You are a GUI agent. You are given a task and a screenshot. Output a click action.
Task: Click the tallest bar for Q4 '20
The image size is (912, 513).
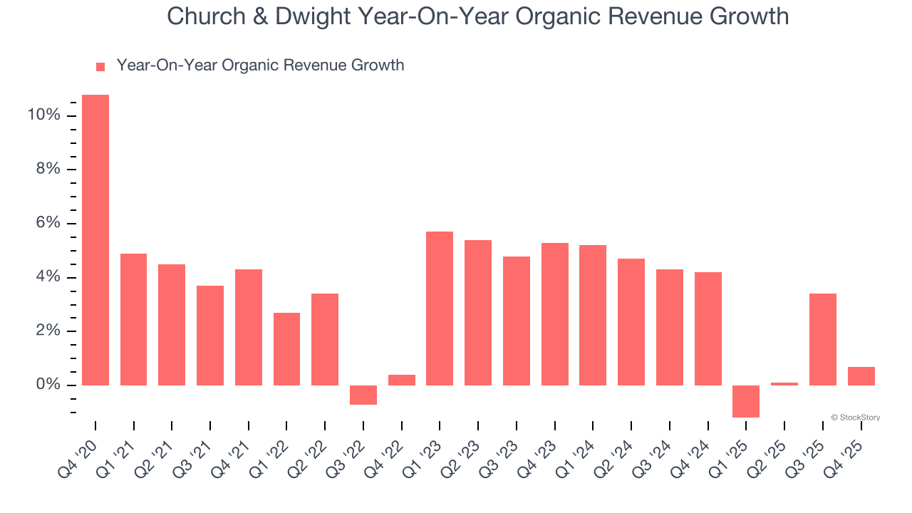(95, 240)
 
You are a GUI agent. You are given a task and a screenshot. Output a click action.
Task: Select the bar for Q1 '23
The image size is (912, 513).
(440, 309)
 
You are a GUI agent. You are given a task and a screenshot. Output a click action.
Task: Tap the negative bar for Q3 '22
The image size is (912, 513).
(363, 395)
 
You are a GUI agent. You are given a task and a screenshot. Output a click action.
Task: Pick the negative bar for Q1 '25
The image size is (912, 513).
(746, 401)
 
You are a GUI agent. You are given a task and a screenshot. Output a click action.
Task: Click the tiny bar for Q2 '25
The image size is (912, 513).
(784, 384)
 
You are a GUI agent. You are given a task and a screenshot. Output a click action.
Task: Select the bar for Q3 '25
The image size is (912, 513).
(823, 339)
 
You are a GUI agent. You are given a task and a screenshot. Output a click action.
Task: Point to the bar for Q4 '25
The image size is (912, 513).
(861, 376)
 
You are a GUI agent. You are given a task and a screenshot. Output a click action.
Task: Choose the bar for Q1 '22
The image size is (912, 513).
(286, 349)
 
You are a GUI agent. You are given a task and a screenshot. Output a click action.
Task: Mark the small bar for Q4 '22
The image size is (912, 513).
(402, 380)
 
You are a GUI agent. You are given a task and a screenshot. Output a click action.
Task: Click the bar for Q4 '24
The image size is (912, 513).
(708, 328)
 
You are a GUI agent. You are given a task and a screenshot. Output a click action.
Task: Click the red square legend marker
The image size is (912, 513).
(100, 67)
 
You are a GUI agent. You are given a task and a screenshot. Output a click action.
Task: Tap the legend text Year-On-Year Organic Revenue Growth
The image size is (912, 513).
(260, 66)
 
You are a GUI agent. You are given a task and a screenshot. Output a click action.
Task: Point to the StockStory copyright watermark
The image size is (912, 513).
(855, 418)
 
